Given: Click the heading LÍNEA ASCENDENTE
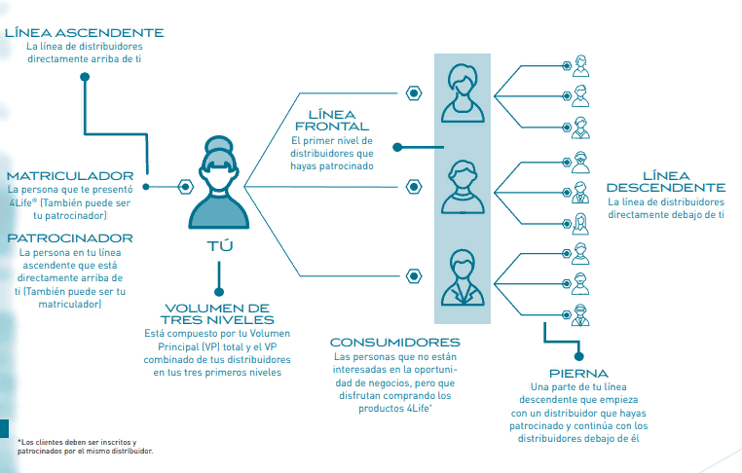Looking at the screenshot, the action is click(85, 33).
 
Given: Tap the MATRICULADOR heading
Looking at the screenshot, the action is click(70, 176).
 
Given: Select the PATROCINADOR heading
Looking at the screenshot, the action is click(70, 237).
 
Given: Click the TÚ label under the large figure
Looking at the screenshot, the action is click(219, 246).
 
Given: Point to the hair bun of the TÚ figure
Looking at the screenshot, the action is click(219, 144).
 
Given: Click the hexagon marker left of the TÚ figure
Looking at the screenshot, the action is click(185, 187).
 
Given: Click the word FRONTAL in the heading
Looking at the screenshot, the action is click(332, 127).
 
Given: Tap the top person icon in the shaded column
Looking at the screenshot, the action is click(463, 93).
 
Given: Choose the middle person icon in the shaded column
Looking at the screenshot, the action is click(463, 187).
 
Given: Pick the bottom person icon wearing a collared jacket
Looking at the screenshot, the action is click(463, 277).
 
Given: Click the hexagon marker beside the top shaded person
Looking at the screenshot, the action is click(414, 93).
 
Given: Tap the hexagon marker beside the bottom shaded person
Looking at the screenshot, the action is click(414, 275).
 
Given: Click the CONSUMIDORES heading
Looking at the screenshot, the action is click(394, 342).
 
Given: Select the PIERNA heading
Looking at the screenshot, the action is click(578, 373).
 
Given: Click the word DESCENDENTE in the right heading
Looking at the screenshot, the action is click(666, 188).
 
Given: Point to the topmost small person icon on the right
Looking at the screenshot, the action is click(580, 66).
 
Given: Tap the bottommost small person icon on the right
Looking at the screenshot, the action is click(580, 315).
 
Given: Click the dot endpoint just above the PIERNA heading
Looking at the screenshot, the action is click(578, 356).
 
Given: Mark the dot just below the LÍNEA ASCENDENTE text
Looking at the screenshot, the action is click(85, 77).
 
